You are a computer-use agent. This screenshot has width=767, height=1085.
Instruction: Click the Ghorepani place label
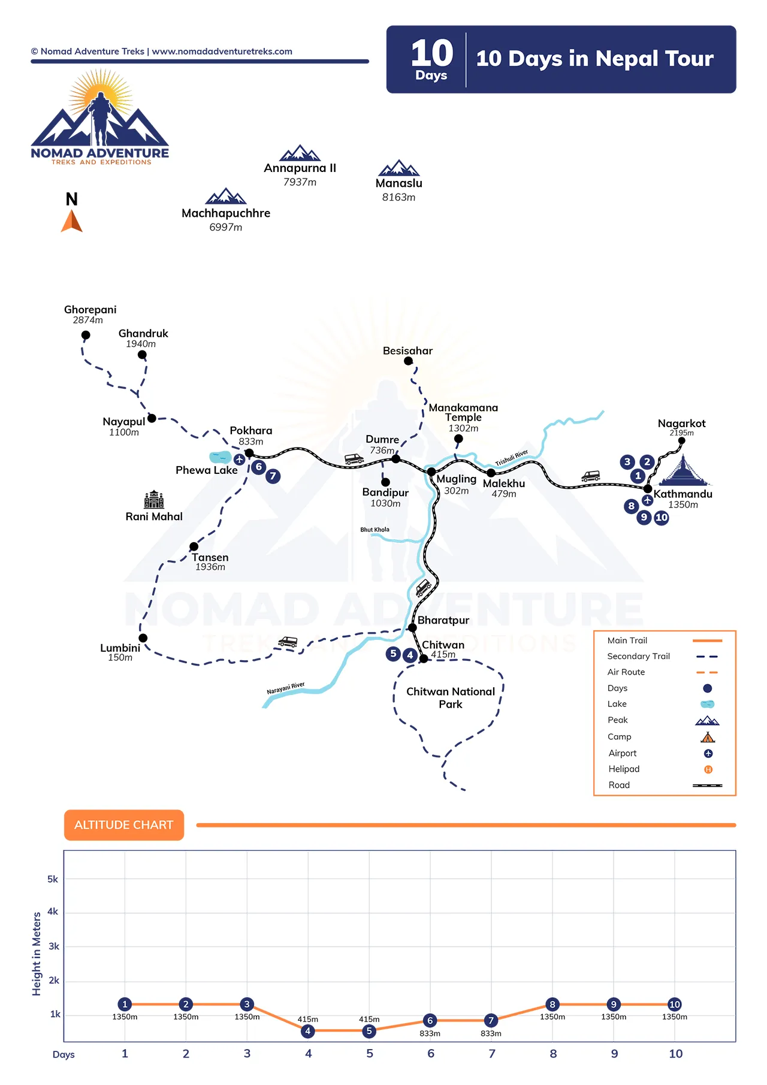pyautogui.click(x=90, y=310)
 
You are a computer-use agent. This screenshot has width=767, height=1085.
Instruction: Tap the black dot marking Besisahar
pyautogui.click(x=408, y=361)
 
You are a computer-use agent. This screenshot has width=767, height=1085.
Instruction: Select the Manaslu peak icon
pyautogui.click(x=399, y=168)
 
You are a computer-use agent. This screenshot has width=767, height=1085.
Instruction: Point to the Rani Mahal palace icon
pyautogui.click(x=154, y=500)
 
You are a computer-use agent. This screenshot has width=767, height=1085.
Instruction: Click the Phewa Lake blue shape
pyautogui.click(x=220, y=457)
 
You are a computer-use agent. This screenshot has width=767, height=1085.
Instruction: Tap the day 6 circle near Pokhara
pyautogui.click(x=259, y=467)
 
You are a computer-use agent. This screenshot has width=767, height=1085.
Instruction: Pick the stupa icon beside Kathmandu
pyautogui.click(x=684, y=471)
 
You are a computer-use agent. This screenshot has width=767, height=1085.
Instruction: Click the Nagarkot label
pyautogui.click(x=681, y=424)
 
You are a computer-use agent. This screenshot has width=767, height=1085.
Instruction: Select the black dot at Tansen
pyautogui.click(x=194, y=546)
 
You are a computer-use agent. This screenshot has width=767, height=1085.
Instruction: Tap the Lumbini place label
pyautogui.click(x=120, y=648)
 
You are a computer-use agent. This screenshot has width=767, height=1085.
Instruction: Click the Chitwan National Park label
pyautogui.click(x=451, y=698)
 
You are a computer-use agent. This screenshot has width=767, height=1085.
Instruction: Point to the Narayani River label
pyautogui.click(x=286, y=688)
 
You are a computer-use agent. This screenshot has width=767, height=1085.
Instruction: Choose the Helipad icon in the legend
pyautogui.click(x=708, y=769)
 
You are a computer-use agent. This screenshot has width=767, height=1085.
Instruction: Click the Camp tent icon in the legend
pyautogui.click(x=708, y=737)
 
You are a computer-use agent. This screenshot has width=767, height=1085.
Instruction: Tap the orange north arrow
pyautogui.click(x=72, y=221)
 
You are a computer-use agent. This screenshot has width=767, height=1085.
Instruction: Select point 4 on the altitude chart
pyautogui.click(x=308, y=1031)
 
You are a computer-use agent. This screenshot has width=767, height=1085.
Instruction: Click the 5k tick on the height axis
pyautogui.click(x=53, y=880)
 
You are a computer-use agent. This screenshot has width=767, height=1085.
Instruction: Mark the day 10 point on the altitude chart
pyautogui.click(x=675, y=1004)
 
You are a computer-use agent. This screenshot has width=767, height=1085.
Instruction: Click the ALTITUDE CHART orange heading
pyautogui.click(x=124, y=825)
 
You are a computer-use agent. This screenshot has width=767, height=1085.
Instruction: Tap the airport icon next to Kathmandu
pyautogui.click(x=647, y=500)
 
